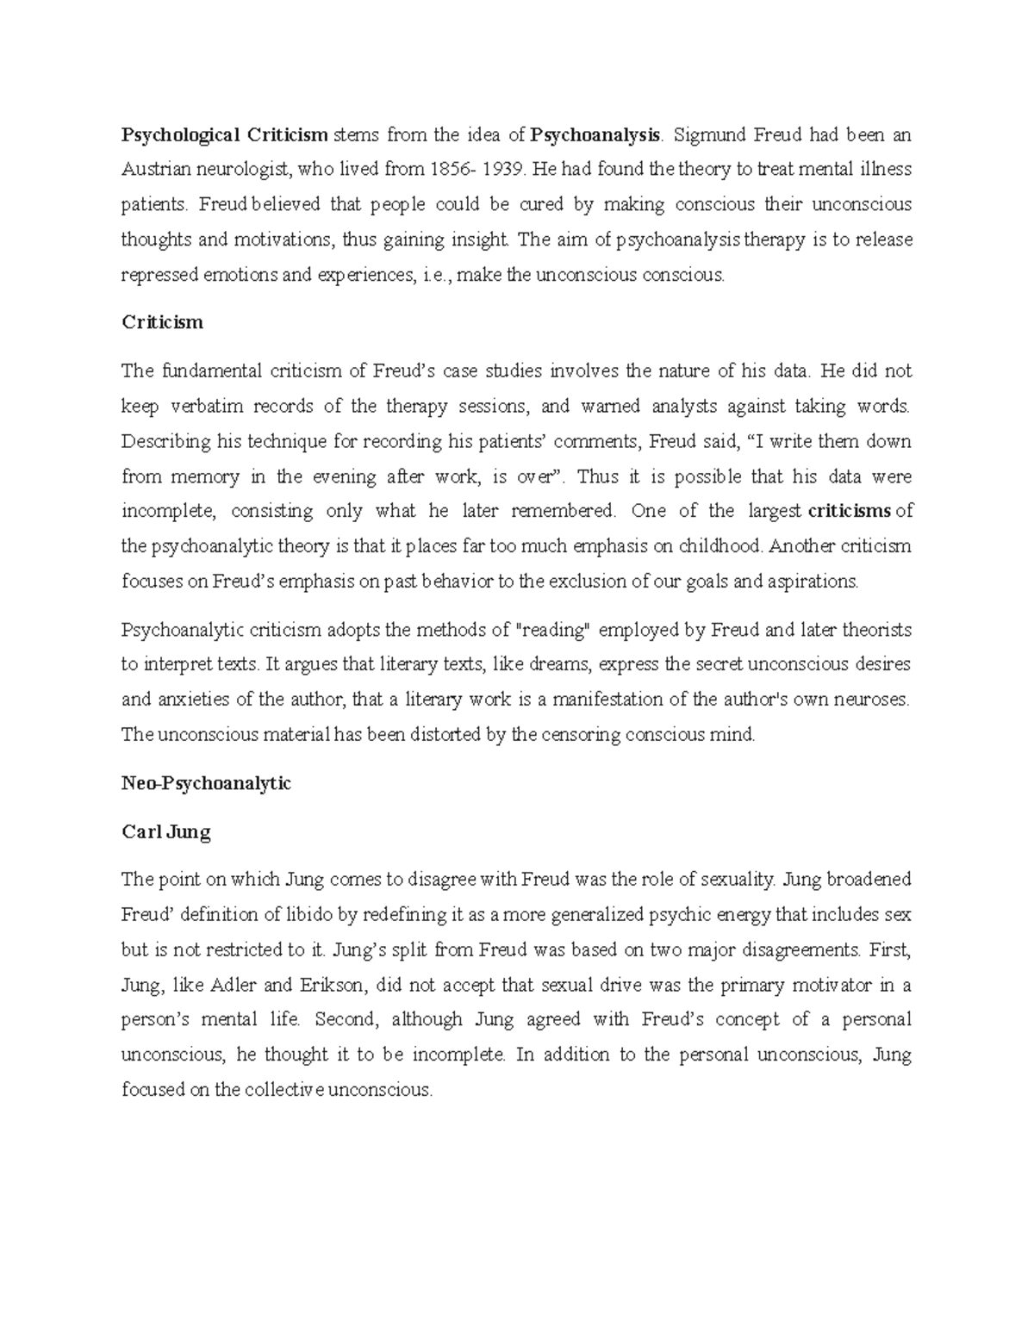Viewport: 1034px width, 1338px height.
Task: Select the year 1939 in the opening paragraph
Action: (502, 170)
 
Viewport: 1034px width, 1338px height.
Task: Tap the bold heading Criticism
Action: (163, 322)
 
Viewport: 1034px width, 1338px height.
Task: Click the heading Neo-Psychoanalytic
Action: (207, 783)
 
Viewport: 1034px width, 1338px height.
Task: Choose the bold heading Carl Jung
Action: (166, 832)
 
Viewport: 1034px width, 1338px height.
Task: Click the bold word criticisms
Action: (850, 511)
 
